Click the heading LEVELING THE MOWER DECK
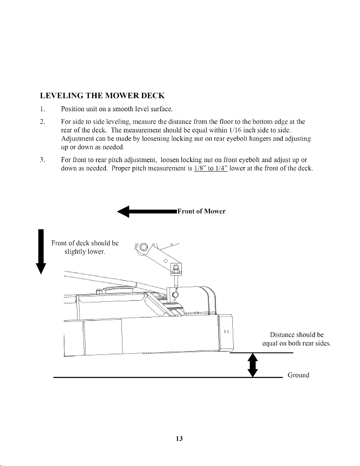pos(103,96)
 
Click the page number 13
pos(179,439)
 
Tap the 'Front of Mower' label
pos(201,211)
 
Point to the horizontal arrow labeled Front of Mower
pos(147,212)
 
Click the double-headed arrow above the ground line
pos(253,365)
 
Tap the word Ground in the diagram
pos(299,375)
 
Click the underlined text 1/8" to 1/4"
pos(210,168)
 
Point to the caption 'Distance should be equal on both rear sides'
pos(297,339)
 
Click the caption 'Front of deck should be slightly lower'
pos(85,247)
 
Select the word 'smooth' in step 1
pos(123,109)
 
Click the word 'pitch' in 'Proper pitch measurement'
pos(139,168)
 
